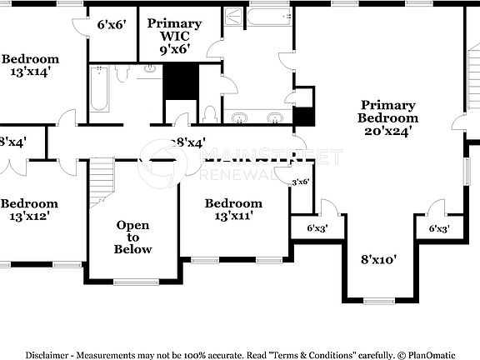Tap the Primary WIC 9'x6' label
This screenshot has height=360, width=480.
174,36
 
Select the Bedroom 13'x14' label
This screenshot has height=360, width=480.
30,65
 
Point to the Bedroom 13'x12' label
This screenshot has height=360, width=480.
30,209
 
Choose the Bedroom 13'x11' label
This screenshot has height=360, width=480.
233,209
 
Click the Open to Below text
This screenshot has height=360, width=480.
133,237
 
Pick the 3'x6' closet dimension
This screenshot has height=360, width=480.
301,182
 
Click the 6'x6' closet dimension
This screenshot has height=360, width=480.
112,24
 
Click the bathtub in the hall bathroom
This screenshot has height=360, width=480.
99,89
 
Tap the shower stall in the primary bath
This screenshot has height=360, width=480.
233,18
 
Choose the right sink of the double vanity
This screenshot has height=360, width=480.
275,117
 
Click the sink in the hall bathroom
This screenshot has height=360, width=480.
151,69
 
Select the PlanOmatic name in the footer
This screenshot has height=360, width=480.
432,353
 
